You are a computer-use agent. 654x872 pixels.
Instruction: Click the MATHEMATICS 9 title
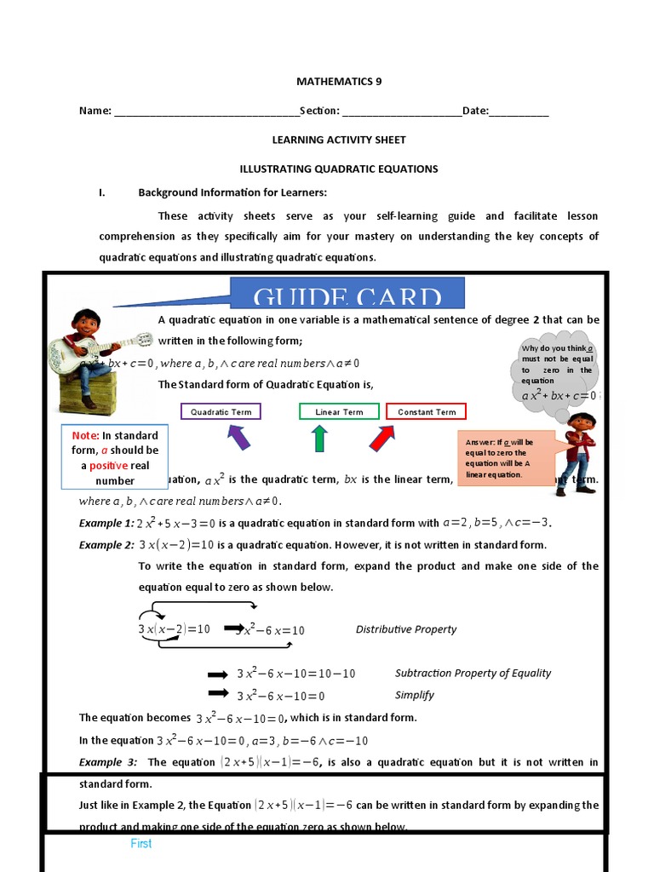pos(339,82)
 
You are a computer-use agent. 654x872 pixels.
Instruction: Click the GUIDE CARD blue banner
pos(347,294)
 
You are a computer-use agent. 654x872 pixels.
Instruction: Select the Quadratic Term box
pos(221,412)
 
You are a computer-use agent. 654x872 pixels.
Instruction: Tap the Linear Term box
pos(339,412)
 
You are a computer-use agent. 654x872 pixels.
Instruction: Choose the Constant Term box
pos(427,412)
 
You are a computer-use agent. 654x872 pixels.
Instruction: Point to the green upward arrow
pos(319,438)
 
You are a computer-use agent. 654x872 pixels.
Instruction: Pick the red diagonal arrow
pos(382,438)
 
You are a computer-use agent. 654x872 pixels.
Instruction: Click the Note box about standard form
pos(109,457)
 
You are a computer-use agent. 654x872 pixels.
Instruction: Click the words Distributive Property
pos(405,629)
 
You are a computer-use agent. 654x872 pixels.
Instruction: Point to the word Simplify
pos(415,695)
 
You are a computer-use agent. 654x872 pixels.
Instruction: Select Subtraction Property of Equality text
pos(473,673)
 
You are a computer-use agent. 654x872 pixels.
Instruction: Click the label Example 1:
pos(106,523)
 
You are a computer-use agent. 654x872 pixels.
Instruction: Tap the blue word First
pos(141,844)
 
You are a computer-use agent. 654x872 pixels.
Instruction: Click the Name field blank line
pos(206,112)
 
